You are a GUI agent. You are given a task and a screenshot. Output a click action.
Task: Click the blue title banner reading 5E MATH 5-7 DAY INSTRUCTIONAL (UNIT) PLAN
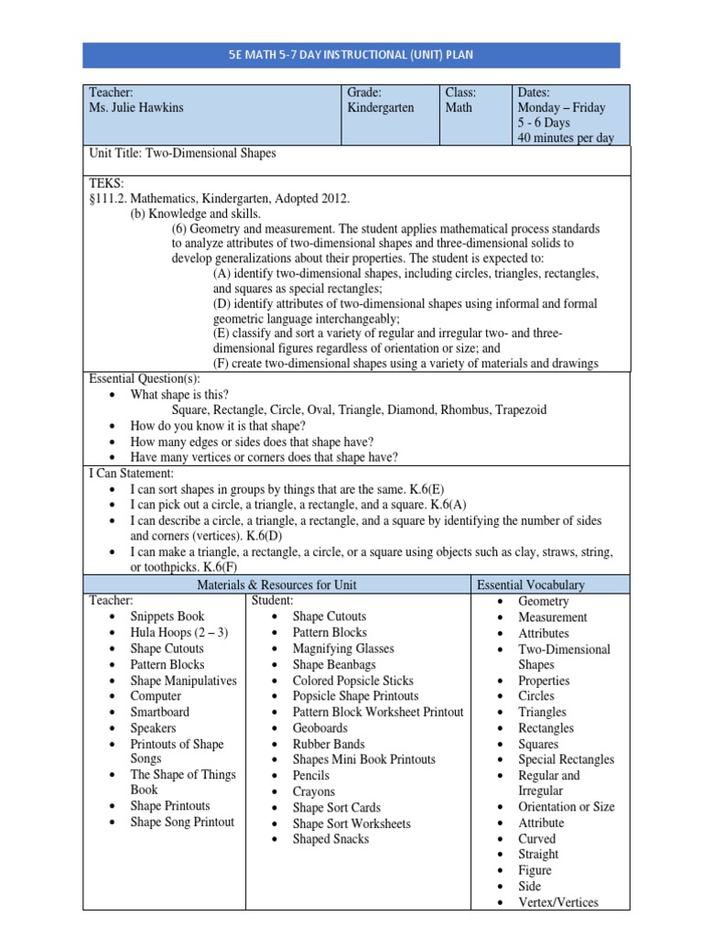coord(351,54)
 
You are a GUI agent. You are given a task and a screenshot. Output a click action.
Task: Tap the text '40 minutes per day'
coord(566,138)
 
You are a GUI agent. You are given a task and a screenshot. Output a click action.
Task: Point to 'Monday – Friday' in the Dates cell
coord(561,108)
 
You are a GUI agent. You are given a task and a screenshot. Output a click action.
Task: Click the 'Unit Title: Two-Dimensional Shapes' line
coord(182,154)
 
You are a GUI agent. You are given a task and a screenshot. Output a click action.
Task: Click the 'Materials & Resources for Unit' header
coord(277,584)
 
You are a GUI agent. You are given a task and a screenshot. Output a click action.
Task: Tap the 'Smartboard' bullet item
coord(160,712)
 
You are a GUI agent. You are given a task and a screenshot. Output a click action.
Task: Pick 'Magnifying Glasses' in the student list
coord(343,649)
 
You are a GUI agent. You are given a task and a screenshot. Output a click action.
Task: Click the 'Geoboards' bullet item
coord(320,728)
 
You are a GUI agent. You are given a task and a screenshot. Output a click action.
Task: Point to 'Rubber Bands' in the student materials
coord(329,744)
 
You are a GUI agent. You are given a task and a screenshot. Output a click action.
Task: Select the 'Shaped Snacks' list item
coord(330,839)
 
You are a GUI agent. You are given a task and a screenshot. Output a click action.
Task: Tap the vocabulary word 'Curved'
coord(536,838)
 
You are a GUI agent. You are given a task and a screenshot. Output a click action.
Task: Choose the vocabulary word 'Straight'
coord(538,854)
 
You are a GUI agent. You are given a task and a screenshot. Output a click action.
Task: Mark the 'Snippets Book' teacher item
coord(168,616)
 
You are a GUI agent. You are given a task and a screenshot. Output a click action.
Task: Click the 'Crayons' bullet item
coord(314,791)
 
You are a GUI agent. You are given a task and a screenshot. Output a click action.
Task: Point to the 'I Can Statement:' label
coord(131,473)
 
